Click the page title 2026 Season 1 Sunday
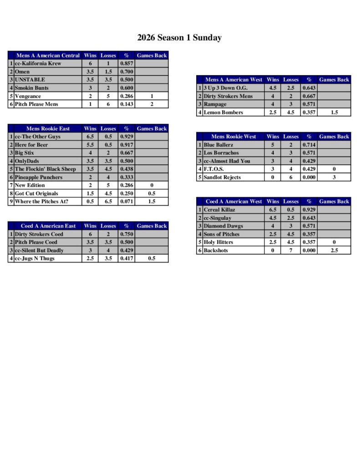coord(179,38)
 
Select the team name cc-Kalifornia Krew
coord(38,64)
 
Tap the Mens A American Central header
coord(48,56)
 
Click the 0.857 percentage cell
coord(127,64)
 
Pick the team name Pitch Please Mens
coord(36,104)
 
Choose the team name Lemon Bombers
coord(223,112)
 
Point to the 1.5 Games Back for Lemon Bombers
coord(334,112)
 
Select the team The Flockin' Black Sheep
coord(45,169)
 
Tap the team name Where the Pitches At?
coord(41,202)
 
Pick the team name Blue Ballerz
coord(218,145)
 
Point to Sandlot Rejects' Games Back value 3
coord(334,177)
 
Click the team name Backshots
coord(216,250)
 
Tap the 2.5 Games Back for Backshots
coord(334,250)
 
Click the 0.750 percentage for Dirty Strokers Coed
coord(127,234)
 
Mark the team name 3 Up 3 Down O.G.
coord(226,88)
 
